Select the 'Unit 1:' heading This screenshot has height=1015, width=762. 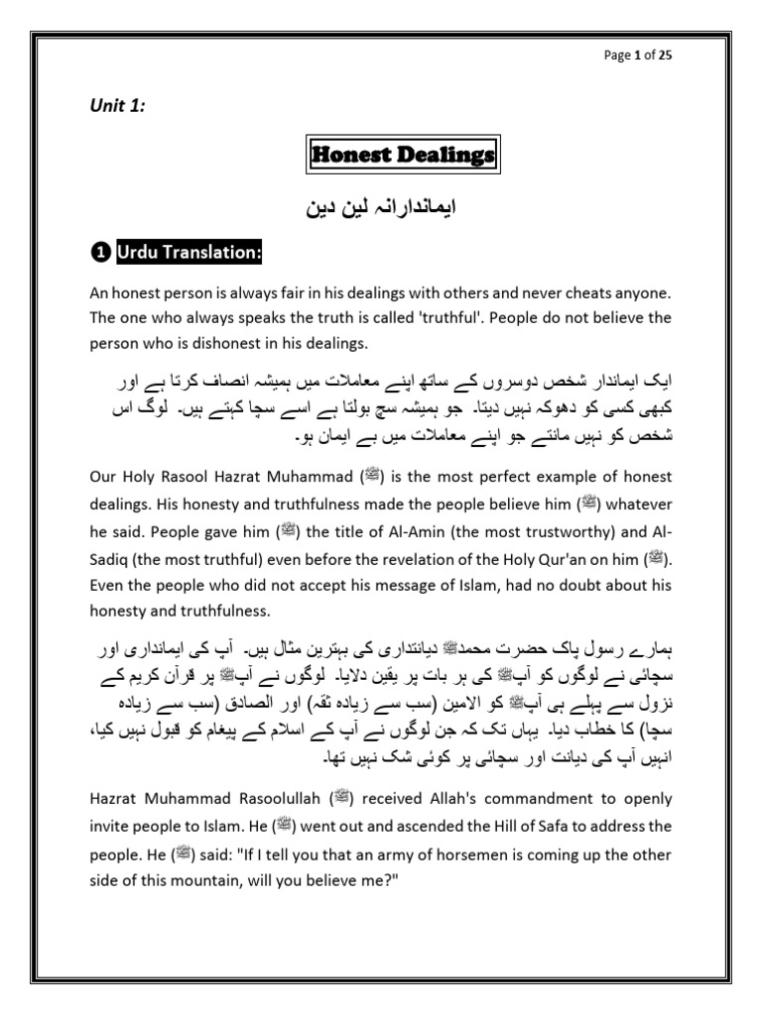(x=112, y=107)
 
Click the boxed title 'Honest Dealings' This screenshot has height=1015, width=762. (x=397, y=156)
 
